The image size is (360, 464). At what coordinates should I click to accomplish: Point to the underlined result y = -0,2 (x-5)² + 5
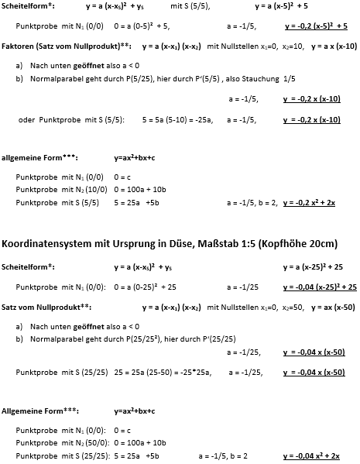316,26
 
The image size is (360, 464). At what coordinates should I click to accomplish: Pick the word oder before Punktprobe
27,120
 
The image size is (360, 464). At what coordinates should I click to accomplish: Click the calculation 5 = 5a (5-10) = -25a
177,120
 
